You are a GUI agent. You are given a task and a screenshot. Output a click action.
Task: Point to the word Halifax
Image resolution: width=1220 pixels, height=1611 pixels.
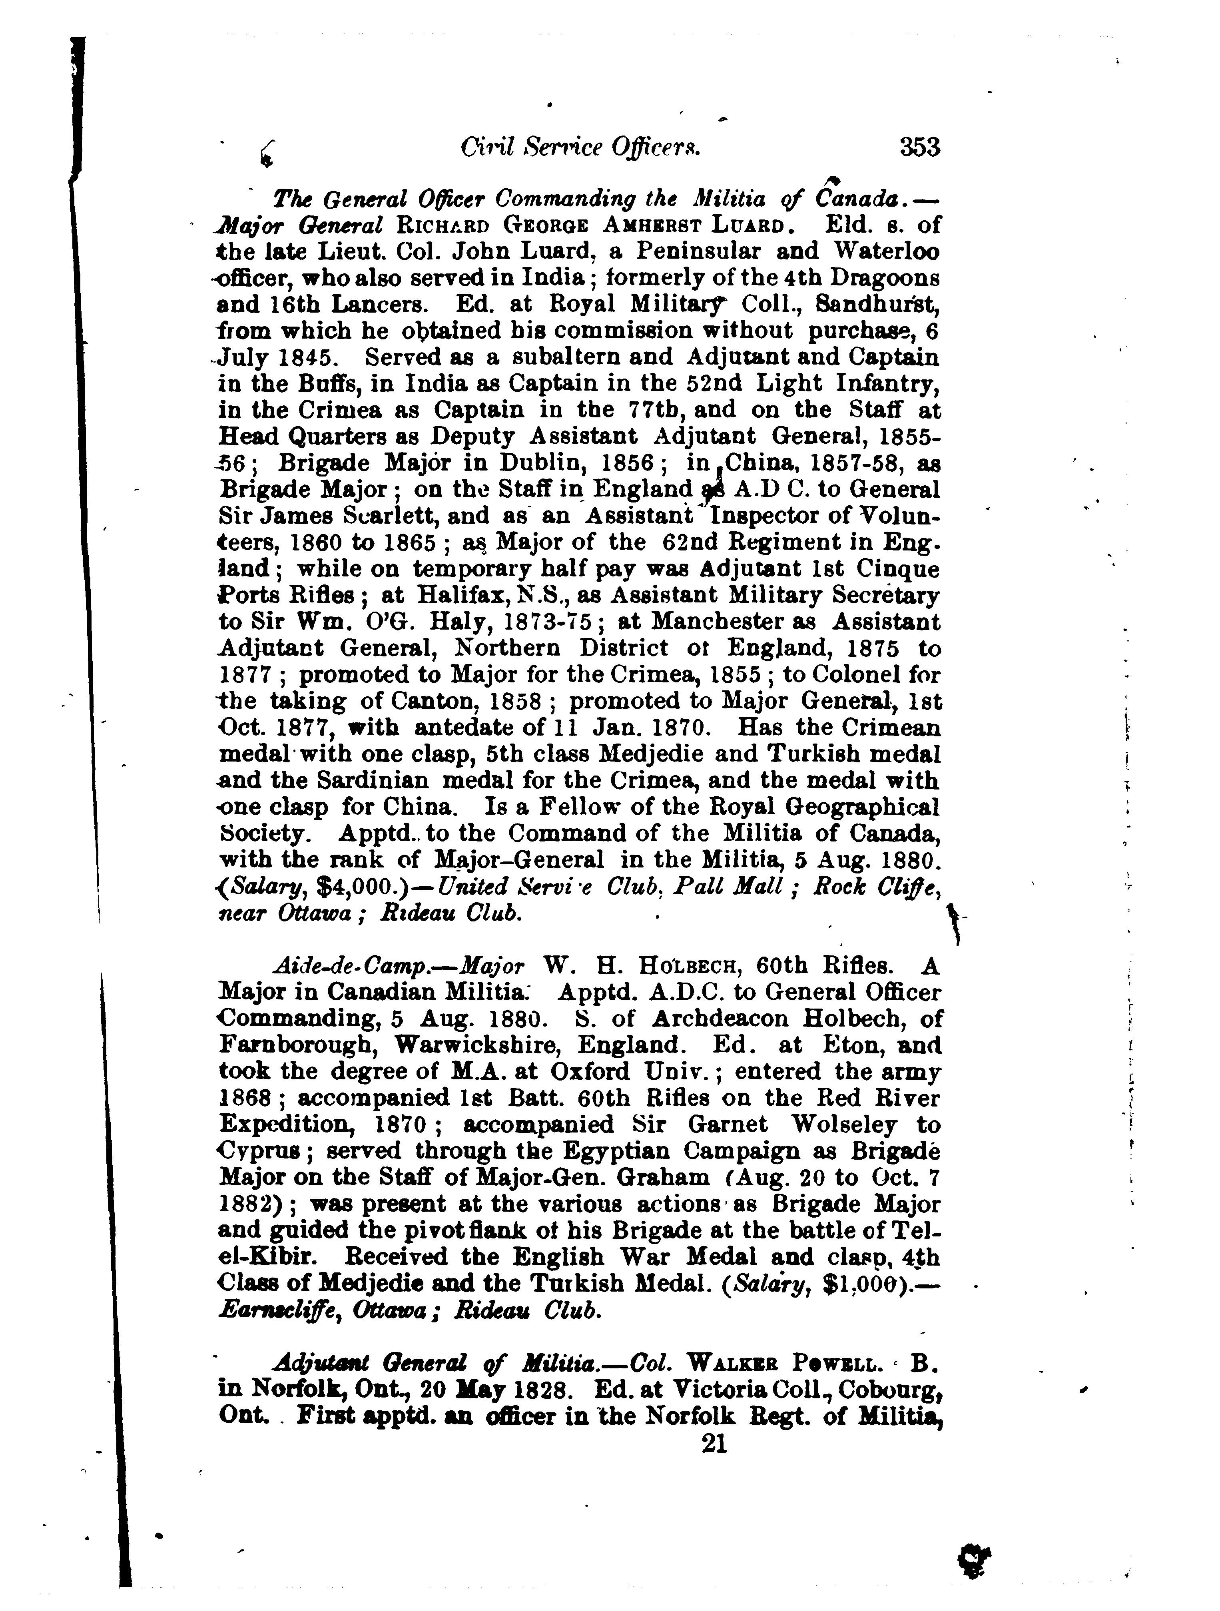(460, 596)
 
